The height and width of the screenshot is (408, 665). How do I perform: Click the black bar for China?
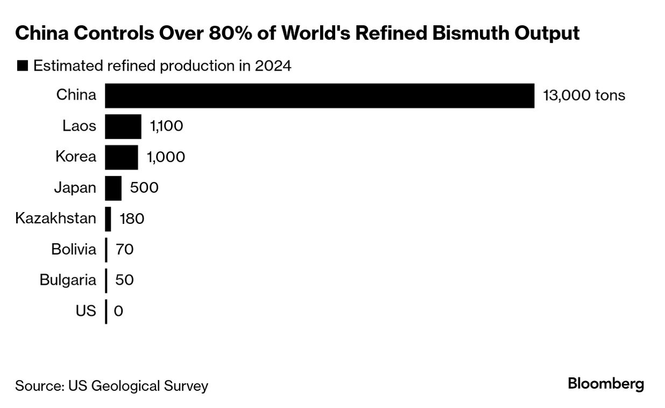point(319,95)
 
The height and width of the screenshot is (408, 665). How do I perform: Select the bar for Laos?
point(123,126)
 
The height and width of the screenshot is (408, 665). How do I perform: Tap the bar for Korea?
point(121,157)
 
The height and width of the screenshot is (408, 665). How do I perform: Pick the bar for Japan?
point(113,188)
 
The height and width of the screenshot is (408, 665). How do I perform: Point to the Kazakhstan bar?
point(108,219)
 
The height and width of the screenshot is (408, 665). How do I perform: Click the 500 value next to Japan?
point(144,188)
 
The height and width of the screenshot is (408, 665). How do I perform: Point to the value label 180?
point(132,219)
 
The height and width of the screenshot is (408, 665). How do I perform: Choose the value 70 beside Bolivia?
point(124,250)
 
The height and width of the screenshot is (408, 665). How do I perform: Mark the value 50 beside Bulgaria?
point(124,280)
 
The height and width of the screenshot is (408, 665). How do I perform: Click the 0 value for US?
point(119,311)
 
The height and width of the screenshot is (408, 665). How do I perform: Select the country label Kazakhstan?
point(56,219)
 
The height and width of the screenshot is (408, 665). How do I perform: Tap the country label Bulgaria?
point(68,280)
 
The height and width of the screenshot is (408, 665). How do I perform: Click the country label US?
point(86,311)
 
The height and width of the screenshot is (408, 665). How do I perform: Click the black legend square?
point(23,66)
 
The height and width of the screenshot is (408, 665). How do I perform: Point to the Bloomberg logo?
point(606,384)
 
